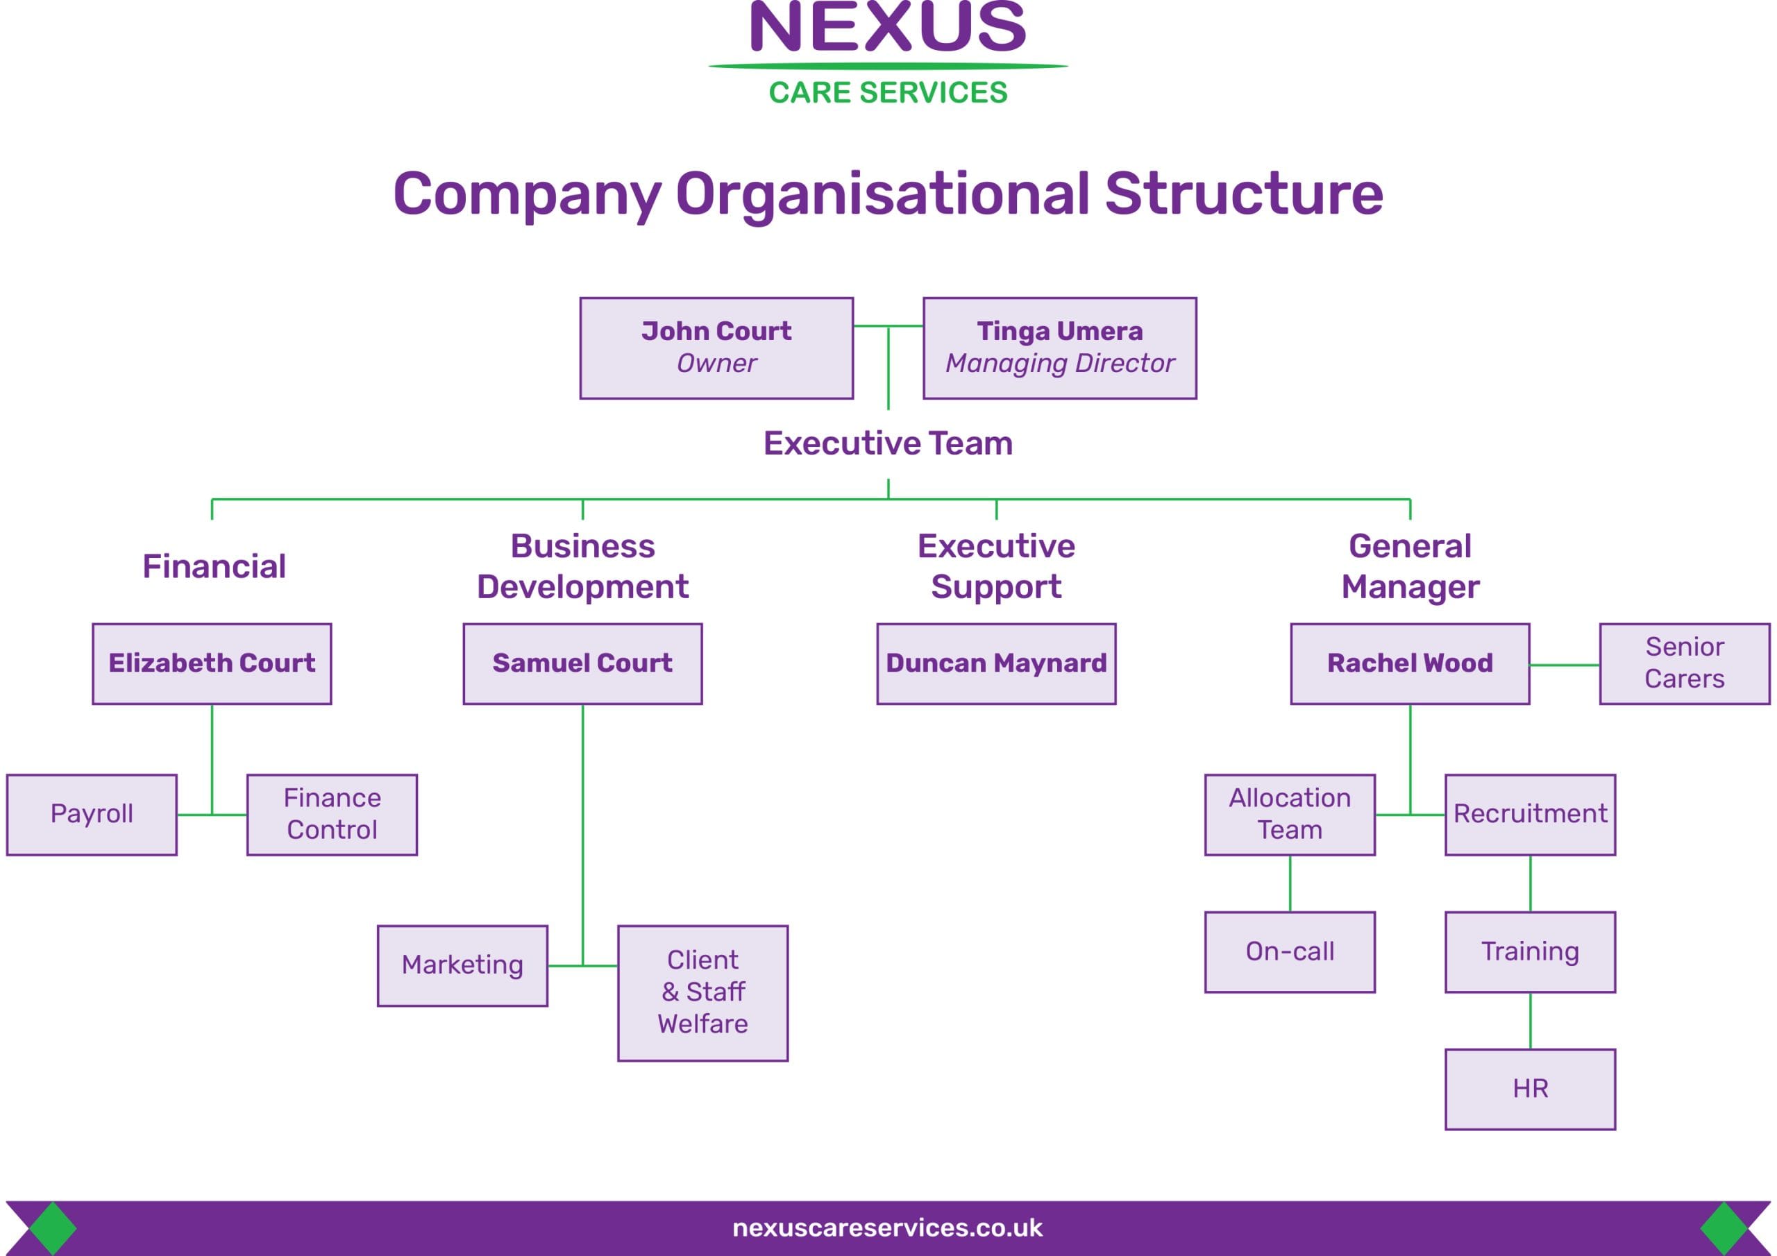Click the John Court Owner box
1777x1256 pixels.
(716, 348)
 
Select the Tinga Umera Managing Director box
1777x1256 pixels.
(1059, 348)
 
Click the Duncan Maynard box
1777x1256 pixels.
(995, 663)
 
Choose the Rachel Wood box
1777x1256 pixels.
(1409, 663)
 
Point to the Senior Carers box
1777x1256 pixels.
(1684, 663)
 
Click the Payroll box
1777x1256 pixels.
(92, 814)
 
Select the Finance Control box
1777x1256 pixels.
(331, 814)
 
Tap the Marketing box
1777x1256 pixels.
(462, 965)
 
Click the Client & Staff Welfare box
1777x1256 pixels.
(702, 992)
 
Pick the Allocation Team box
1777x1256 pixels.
(1290, 814)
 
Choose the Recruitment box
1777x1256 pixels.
(1529, 814)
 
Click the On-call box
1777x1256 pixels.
(1290, 951)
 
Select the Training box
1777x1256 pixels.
(1529, 951)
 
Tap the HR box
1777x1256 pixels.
(1529, 1089)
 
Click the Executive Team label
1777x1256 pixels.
(888, 443)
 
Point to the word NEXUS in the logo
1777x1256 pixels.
(888, 28)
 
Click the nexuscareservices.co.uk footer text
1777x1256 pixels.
(887, 1228)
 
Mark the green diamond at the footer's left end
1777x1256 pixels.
(53, 1228)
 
